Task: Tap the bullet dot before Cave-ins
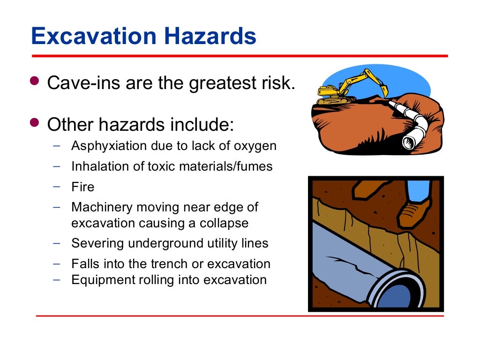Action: pos(35,80)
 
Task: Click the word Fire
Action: pos(82,187)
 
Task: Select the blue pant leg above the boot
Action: pos(418,190)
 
